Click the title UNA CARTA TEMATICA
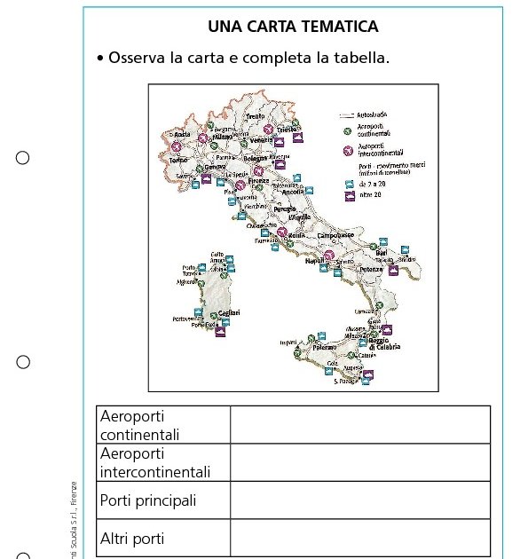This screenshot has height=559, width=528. click(293, 27)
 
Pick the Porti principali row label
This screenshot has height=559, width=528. click(148, 500)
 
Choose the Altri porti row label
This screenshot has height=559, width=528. click(132, 539)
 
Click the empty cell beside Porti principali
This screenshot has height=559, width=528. click(359, 500)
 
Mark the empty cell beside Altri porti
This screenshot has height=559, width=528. click(359, 539)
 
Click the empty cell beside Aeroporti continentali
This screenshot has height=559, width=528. click(359, 425)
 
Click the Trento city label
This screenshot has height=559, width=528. click(256, 116)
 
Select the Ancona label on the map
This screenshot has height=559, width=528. click(293, 192)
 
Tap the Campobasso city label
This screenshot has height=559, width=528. click(335, 235)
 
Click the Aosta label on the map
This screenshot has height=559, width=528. click(182, 135)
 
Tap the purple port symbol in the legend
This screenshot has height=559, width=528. click(349, 195)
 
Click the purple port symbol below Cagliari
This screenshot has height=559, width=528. click(220, 332)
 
